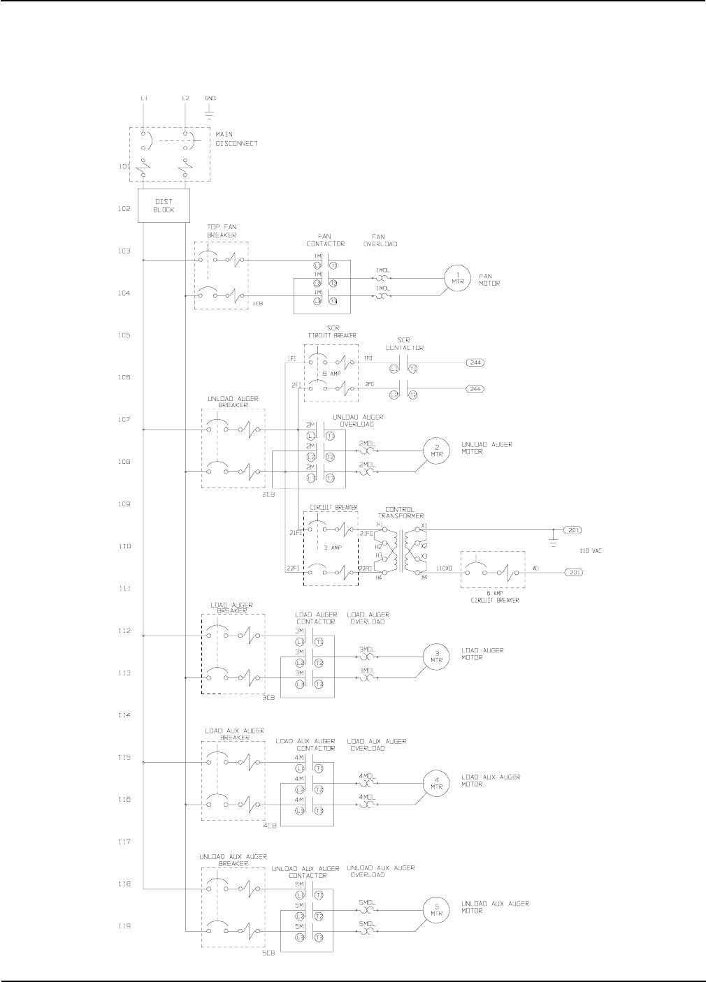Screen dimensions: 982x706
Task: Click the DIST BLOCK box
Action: pos(164,205)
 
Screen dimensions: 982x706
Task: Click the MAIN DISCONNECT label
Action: pos(236,139)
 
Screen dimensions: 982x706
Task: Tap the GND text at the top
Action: pos(210,98)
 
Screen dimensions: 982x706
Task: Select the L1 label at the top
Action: pos(143,98)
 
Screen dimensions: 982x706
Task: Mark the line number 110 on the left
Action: pos(124,546)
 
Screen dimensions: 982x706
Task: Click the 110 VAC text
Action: pos(591,551)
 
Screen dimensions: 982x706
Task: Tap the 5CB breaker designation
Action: pos(268,953)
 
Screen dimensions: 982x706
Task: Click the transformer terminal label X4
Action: pos(424,578)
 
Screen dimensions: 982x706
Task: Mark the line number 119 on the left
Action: pos(124,926)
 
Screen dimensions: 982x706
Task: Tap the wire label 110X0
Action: pos(445,569)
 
